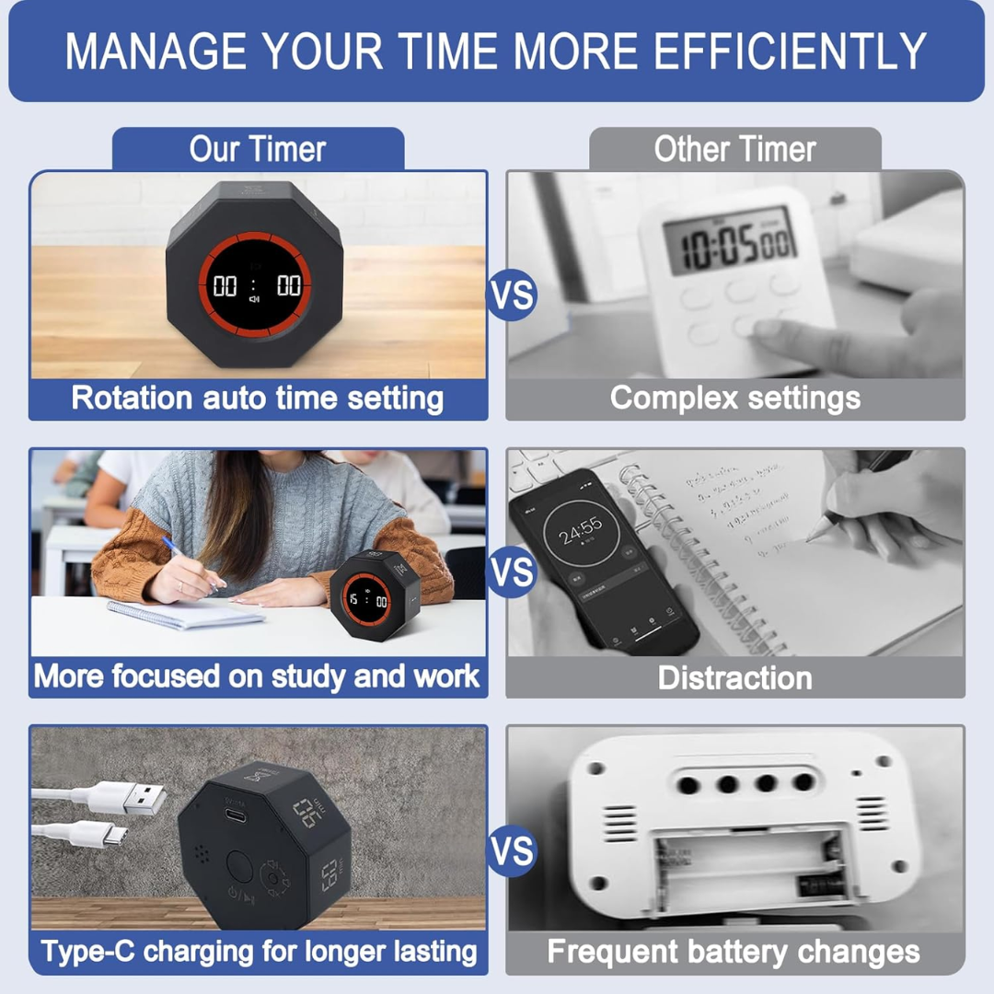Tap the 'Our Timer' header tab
coord(258,149)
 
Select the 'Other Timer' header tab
coord(734,149)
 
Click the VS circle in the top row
coord(511,295)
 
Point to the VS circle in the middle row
coord(511,572)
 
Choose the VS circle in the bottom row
coord(511,850)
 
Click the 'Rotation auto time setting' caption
coord(258,399)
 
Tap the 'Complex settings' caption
coord(734,399)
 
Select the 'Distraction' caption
coord(734,678)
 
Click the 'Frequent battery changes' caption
coord(734,952)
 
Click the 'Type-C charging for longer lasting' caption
coord(258,952)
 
